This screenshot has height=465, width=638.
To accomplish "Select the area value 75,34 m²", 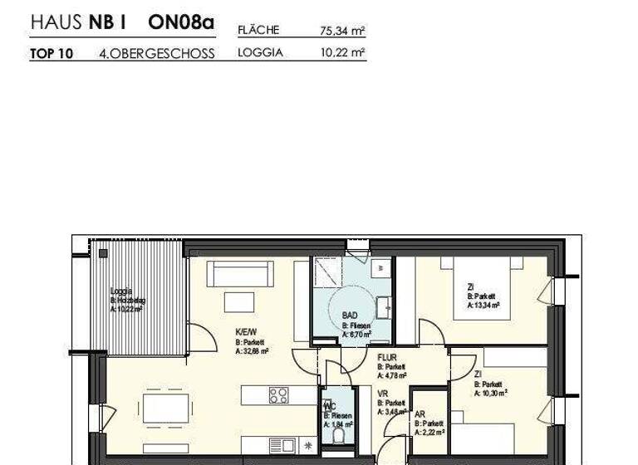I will pyautogui.click(x=342, y=32).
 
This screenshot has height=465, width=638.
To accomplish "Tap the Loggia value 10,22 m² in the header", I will pyautogui.click(x=342, y=52).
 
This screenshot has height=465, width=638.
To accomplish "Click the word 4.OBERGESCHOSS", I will pyautogui.click(x=156, y=54).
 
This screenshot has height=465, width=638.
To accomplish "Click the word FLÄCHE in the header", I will pyautogui.click(x=258, y=31).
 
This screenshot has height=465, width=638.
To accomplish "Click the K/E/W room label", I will pyautogui.click(x=247, y=330).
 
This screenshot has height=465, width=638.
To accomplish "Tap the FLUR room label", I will pyautogui.click(x=387, y=358).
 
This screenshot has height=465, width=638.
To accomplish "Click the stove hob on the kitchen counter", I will pyautogui.click(x=278, y=395).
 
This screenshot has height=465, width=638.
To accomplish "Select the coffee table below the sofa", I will pyautogui.click(x=238, y=302).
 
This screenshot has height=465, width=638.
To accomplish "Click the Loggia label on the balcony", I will pyautogui.click(x=121, y=291).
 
